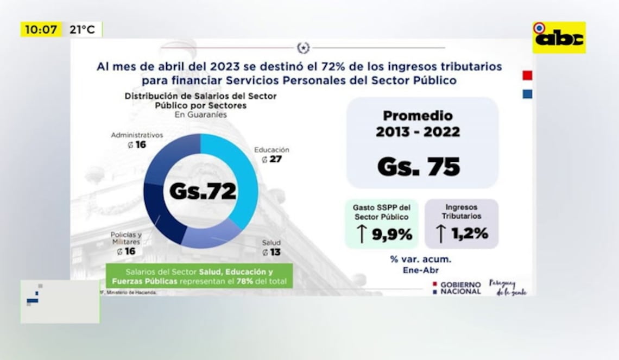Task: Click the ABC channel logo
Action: pyautogui.click(x=559, y=37)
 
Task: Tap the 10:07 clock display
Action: pyautogui.click(x=41, y=30)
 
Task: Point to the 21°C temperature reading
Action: pyautogui.click(x=82, y=30)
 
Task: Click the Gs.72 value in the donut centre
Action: pyautogui.click(x=203, y=191)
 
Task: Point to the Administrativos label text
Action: pyautogui.click(x=136, y=135)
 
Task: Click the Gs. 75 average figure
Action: pyautogui.click(x=419, y=167)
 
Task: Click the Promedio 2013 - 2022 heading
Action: pyautogui.click(x=418, y=124)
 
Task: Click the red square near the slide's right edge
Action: pyautogui.click(x=527, y=75)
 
